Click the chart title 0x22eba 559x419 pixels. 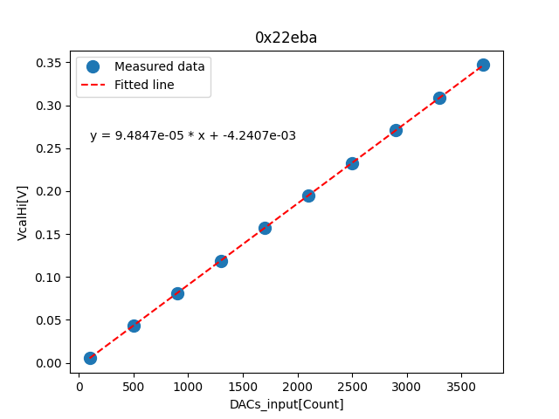(286, 37)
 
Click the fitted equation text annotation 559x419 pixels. (193, 135)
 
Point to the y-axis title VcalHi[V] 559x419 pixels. (23, 212)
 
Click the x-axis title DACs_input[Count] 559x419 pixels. (286, 404)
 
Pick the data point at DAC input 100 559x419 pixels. (90, 358)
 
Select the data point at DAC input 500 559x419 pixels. (134, 326)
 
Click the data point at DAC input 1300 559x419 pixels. (221, 261)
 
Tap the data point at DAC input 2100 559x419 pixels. (308, 196)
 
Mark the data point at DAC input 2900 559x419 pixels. (396, 130)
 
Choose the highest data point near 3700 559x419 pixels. (483, 65)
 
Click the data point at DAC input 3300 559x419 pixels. (439, 98)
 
